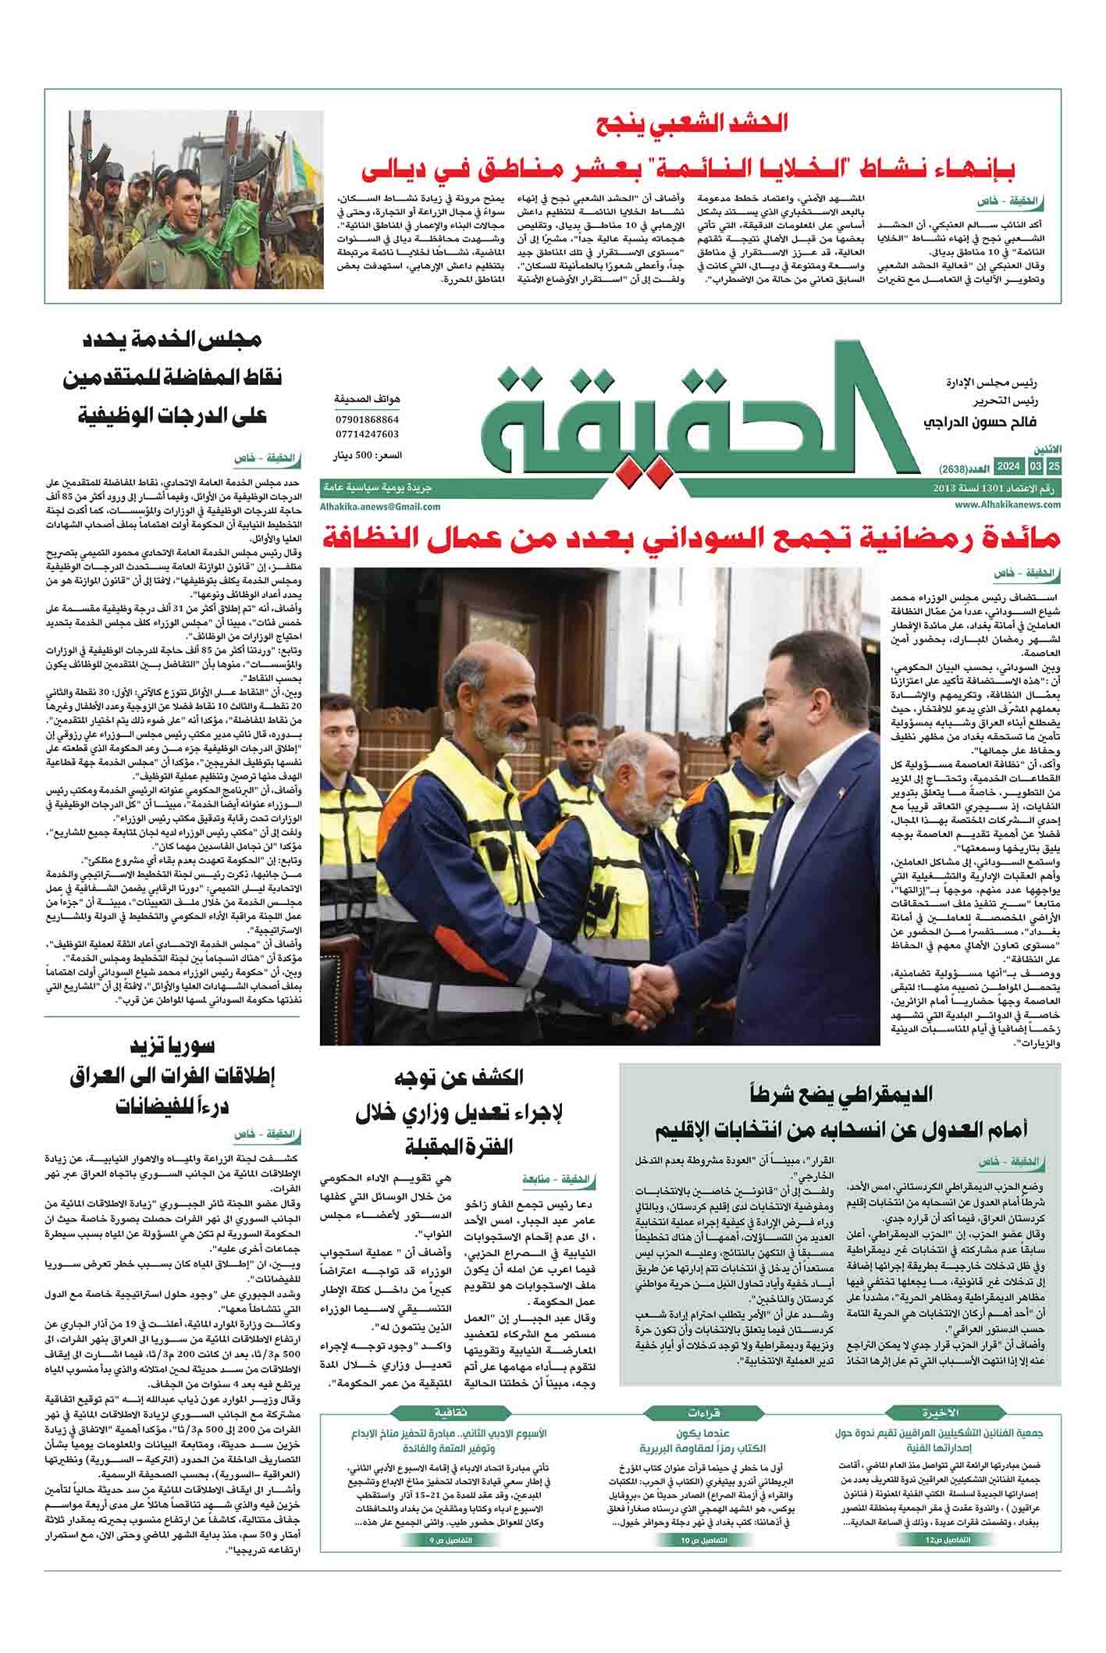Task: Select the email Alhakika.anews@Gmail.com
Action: [380, 506]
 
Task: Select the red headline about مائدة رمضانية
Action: [690, 539]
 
